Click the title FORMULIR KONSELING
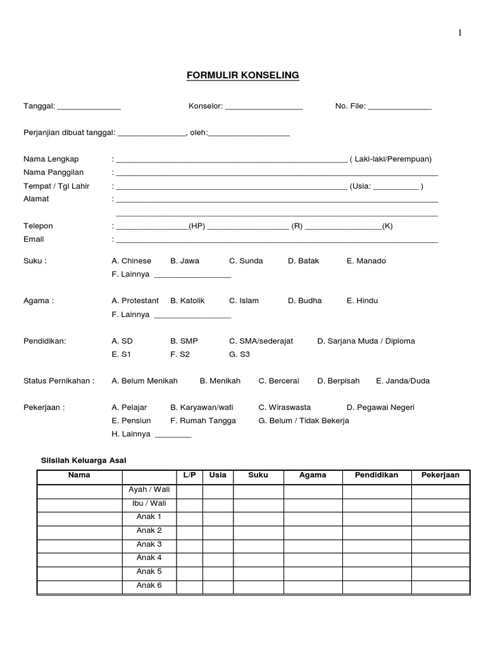[x=242, y=76]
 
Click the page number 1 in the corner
[x=460, y=34]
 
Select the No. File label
[x=350, y=106]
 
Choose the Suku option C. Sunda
[x=246, y=261]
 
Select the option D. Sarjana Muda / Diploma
[x=366, y=341]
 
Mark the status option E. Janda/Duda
[x=402, y=381]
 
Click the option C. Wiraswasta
[x=284, y=408]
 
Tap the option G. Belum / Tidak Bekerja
[x=303, y=421]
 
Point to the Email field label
[x=34, y=239]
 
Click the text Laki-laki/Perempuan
[x=393, y=159]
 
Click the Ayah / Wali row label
[x=149, y=490]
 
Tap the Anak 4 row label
[x=149, y=558]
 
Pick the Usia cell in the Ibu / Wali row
[x=217, y=504]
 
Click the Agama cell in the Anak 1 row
[x=313, y=517]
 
